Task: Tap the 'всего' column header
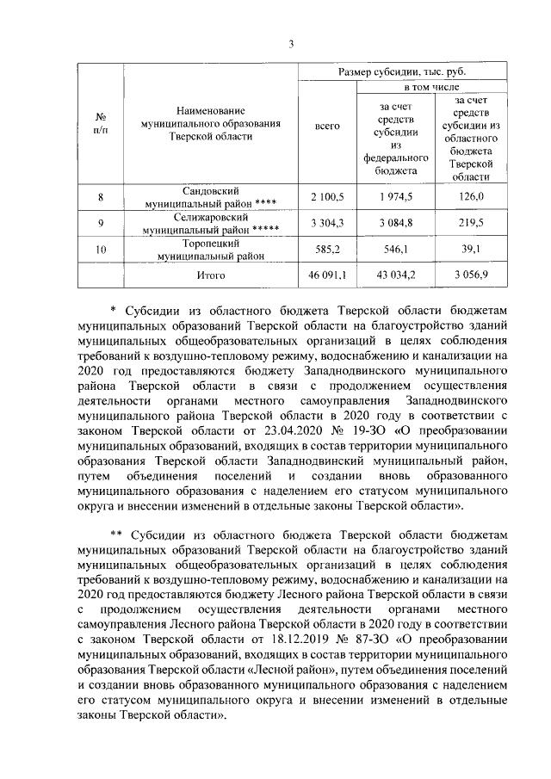tap(327, 127)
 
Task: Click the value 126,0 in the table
tap(470, 197)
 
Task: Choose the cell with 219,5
tap(470, 224)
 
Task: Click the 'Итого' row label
tap(211, 275)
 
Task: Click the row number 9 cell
tap(101, 224)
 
